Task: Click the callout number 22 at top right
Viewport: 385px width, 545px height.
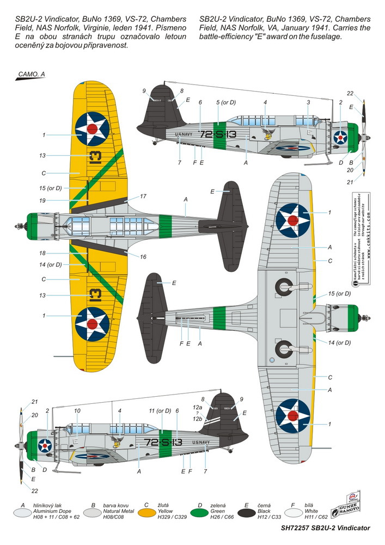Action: pyautogui.click(x=350, y=93)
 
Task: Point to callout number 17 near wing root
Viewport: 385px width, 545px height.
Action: pyautogui.click(x=143, y=196)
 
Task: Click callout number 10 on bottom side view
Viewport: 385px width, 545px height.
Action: pyautogui.click(x=77, y=410)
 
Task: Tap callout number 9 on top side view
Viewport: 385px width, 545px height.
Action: pyautogui.click(x=144, y=90)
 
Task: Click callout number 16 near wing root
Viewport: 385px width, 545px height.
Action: pyautogui.click(x=143, y=256)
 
